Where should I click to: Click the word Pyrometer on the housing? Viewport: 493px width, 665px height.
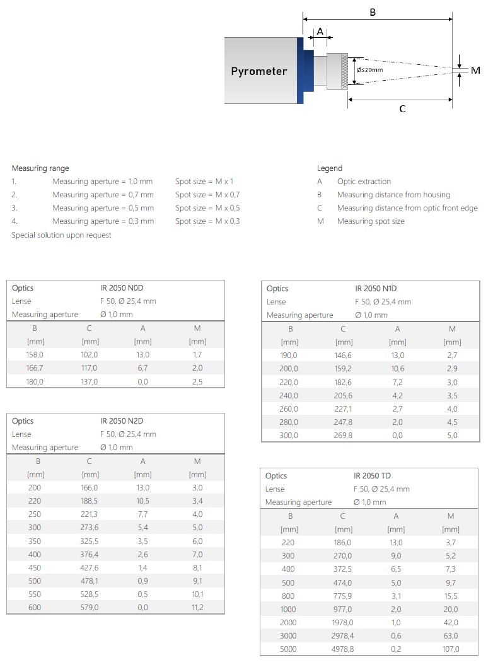pos(258,71)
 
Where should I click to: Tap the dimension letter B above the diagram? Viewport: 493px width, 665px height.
pos(373,11)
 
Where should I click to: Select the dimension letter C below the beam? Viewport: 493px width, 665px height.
pos(402,109)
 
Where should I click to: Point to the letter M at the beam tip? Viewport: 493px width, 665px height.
pos(475,71)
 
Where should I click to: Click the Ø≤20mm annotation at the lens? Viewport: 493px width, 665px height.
pos(369,69)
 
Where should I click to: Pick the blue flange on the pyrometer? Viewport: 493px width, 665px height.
pos(301,71)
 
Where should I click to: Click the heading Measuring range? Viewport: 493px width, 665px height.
pos(40,168)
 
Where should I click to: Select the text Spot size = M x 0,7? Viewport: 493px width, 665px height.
pos(207,195)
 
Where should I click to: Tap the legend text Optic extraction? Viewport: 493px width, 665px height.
pos(364,182)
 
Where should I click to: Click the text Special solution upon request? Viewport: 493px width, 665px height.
pos(61,235)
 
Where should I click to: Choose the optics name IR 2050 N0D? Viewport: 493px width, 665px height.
pos(122,288)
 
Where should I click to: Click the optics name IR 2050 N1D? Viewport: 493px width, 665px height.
pos(376,289)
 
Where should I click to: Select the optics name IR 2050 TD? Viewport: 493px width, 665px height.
pos(373,476)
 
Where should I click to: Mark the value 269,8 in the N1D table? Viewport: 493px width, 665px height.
pos(343,436)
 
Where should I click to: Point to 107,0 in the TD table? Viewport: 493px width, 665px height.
pos(451,649)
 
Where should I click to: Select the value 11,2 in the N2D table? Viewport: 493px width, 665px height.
pos(197,608)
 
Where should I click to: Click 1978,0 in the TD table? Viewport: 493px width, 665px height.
pos(343,623)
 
